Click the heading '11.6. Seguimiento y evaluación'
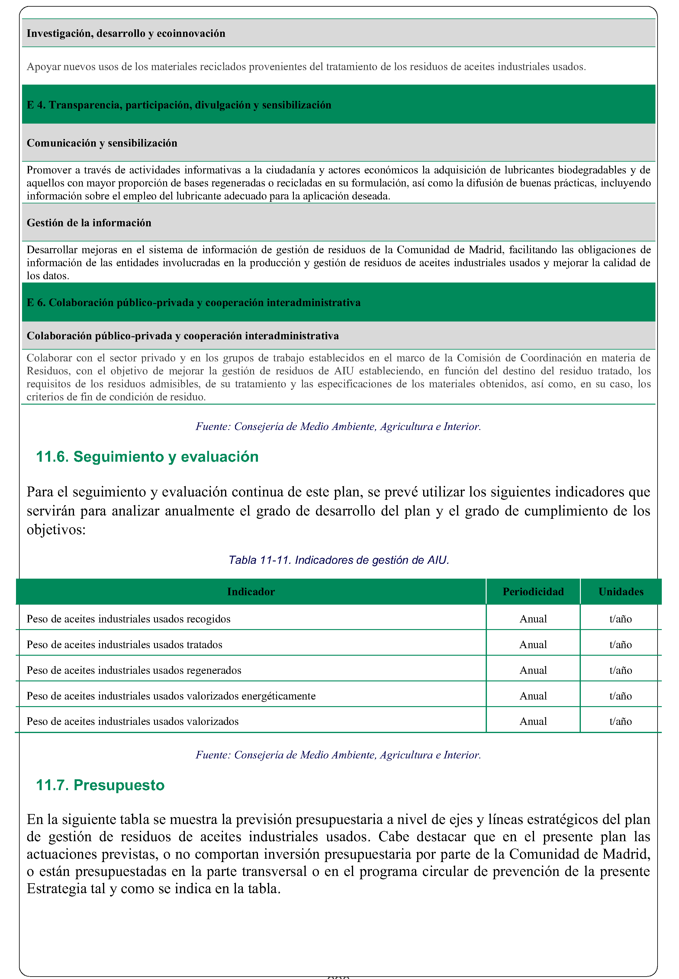click(147, 457)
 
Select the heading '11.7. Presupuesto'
click(100, 785)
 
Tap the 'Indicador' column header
click(251, 591)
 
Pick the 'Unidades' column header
click(620, 591)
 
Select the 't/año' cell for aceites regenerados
click(620, 670)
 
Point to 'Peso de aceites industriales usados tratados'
click(124, 645)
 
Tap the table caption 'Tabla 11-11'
click(339, 560)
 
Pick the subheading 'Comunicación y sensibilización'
click(102, 143)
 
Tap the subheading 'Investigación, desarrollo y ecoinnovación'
click(126, 33)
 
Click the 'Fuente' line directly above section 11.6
click(338, 426)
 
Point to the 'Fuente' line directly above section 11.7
click(338, 754)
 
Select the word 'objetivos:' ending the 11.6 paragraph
click(56, 530)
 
